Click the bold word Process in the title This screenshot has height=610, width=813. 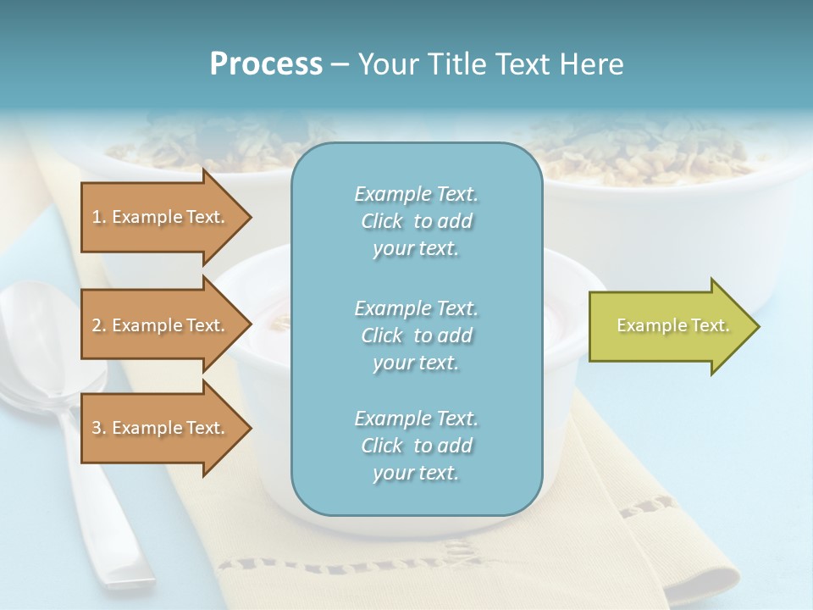266,64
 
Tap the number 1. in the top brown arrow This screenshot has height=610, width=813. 99,217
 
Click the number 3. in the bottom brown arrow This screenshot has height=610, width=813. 99,428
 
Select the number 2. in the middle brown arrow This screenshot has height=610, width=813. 99,325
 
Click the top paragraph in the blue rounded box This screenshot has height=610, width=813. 416,221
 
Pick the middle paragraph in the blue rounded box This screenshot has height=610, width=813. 416,335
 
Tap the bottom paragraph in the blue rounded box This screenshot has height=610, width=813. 416,446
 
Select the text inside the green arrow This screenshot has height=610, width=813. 672,325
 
